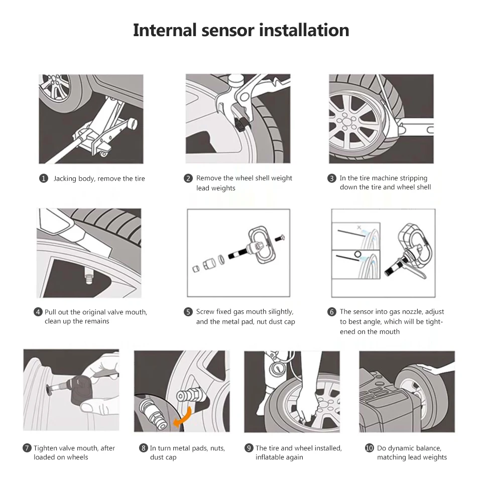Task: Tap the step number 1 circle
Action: (x=44, y=178)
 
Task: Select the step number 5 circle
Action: (x=188, y=312)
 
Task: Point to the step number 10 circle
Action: (x=370, y=448)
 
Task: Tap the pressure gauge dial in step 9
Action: (x=277, y=369)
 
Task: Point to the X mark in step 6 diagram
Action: (x=359, y=227)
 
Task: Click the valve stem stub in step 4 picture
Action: (x=88, y=276)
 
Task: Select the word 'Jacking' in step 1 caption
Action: (x=65, y=179)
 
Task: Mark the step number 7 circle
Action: (x=27, y=448)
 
